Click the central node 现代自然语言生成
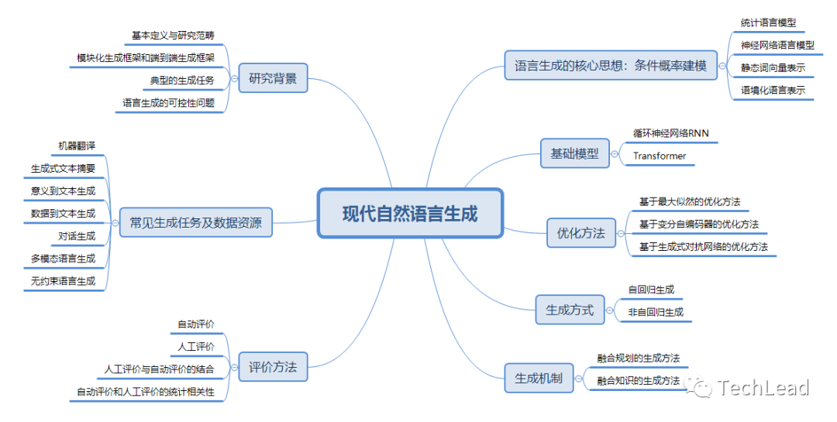[410, 213]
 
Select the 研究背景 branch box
[273, 78]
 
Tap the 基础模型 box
[574, 153]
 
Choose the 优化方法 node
[580, 232]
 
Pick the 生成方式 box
[569, 310]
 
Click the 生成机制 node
[539, 379]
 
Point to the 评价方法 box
[272, 367]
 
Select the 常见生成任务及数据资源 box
[195, 224]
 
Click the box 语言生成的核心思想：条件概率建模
[610, 67]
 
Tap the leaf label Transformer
[660, 156]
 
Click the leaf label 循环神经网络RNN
[670, 133]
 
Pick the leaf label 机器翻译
[77, 146]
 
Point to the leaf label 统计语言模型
[768, 23]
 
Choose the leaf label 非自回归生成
[656, 312]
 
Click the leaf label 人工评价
[196, 346]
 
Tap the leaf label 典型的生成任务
[182, 81]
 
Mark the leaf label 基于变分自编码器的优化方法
[698, 225]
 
